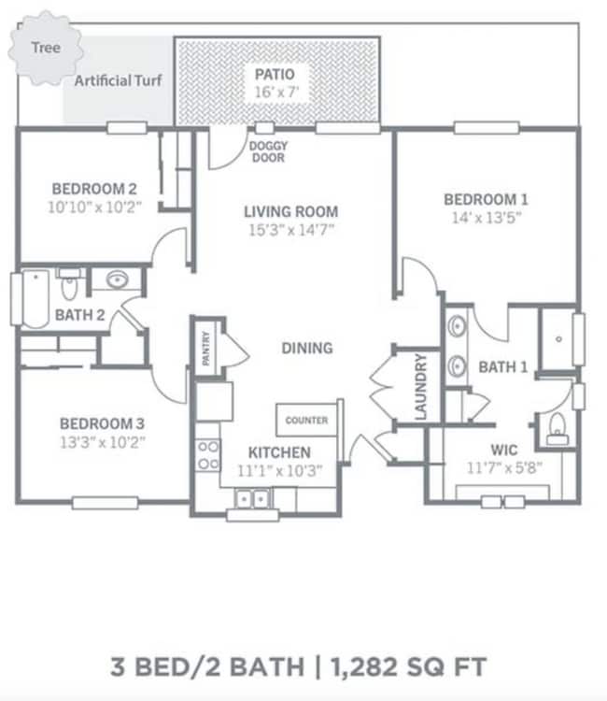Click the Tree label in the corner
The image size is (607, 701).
tap(40, 47)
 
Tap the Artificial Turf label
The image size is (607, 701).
tap(119, 80)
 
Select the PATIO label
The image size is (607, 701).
tap(275, 73)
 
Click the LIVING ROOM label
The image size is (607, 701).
tap(290, 211)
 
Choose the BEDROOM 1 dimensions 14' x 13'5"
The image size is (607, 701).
tap(485, 219)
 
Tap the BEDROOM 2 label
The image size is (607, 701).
tap(93, 185)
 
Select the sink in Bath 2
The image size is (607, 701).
tap(118, 279)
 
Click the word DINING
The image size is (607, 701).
tap(307, 348)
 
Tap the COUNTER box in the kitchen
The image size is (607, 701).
tap(306, 421)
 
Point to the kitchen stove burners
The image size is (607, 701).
tap(207, 455)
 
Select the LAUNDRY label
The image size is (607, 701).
tap(420, 386)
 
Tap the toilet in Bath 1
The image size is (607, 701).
tap(558, 427)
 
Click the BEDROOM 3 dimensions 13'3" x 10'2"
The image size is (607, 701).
tap(103, 441)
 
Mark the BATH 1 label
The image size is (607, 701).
tap(502, 367)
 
